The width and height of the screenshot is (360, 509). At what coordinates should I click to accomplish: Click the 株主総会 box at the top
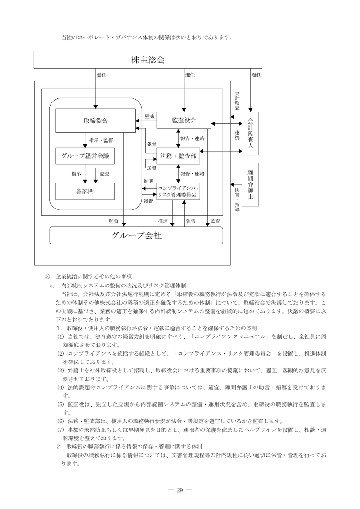pyautogui.click(x=148, y=60)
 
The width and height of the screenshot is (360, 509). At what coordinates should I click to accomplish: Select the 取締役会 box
pyautogui.click(x=95, y=121)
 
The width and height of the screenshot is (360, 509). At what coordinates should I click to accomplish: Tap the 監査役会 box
pyautogui.click(x=184, y=120)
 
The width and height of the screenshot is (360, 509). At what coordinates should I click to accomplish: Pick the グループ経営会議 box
pyautogui.click(x=85, y=156)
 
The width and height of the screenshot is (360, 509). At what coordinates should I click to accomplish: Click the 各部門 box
pyautogui.click(x=85, y=191)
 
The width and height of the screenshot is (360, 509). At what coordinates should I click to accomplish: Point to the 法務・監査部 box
pyautogui.click(x=178, y=156)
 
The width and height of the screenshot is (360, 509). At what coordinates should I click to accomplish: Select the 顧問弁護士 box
pyautogui.click(x=250, y=185)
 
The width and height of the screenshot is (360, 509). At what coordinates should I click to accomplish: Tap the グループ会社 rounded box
pyautogui.click(x=136, y=236)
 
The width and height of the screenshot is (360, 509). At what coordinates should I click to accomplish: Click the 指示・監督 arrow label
pyautogui.click(x=101, y=140)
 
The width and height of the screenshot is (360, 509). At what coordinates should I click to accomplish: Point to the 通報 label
pyautogui.click(x=151, y=168)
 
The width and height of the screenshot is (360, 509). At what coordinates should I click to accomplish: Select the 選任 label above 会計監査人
pyautogui.click(x=257, y=75)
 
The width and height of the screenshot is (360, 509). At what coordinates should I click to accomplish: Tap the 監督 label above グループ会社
pyautogui.click(x=113, y=221)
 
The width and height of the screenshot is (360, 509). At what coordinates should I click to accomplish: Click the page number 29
pyautogui.click(x=180, y=490)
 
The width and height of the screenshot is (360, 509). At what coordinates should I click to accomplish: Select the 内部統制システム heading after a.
pyautogui.click(x=123, y=285)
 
